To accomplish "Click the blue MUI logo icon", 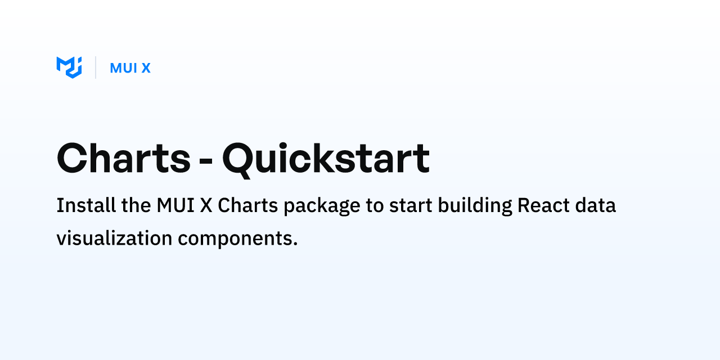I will [x=69, y=67].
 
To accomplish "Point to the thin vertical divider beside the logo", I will [x=96, y=67].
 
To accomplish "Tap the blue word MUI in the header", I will [x=123, y=68].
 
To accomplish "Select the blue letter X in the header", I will [x=146, y=68].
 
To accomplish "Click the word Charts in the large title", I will [x=124, y=159].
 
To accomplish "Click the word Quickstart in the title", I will [x=326, y=159].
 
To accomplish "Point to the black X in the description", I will [x=205, y=205].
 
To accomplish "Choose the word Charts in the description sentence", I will [x=248, y=205].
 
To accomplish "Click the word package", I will [x=322, y=206].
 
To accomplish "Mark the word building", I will [x=475, y=206].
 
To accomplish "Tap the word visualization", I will [x=114, y=238].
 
